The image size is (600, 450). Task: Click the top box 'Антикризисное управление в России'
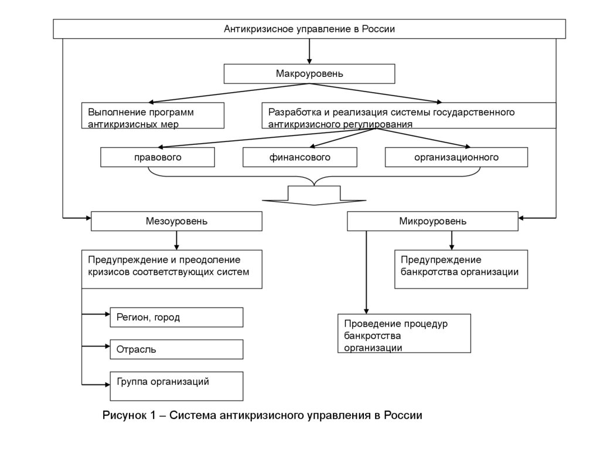(309, 29)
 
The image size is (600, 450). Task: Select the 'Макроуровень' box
(309, 74)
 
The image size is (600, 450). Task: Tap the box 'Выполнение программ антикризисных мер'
(153, 116)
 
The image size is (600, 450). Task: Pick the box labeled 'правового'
(158, 157)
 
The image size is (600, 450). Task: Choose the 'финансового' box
(300, 157)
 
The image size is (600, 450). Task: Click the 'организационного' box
(456, 157)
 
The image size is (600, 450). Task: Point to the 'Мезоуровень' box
(176, 221)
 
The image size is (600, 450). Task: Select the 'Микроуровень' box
(432, 221)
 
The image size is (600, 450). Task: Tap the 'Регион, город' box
(176, 317)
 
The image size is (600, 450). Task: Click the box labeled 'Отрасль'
(176, 349)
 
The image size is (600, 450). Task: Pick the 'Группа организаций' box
(176, 385)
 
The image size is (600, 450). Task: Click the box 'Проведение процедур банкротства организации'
(404, 333)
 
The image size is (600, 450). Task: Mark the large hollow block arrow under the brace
(315, 195)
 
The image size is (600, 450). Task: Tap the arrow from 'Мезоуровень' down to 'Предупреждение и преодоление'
(176, 240)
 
